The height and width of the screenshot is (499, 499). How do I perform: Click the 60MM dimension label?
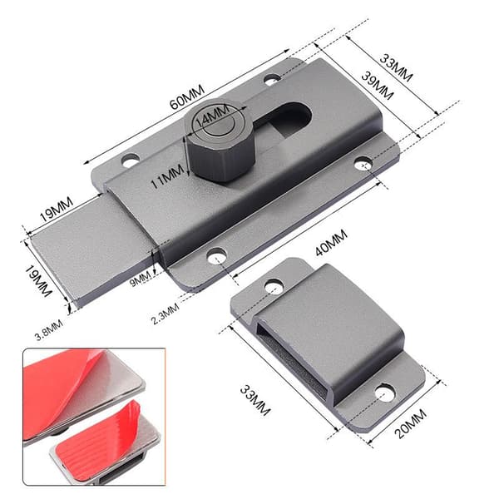pos(187,97)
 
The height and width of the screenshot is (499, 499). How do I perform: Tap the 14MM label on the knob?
pos(212,116)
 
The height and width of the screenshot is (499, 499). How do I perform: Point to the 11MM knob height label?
pos(167,176)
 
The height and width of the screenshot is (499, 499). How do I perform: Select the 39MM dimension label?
pos(378,86)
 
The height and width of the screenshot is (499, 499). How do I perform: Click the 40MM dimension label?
pos(331,243)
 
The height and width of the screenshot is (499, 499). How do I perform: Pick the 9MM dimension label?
pos(141,278)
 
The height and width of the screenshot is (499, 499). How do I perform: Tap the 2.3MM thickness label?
pos(166,314)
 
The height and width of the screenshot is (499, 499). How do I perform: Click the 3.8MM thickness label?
pos(49,330)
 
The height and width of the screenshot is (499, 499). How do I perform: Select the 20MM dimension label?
pos(411,424)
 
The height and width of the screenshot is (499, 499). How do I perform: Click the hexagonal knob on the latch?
pos(220,140)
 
